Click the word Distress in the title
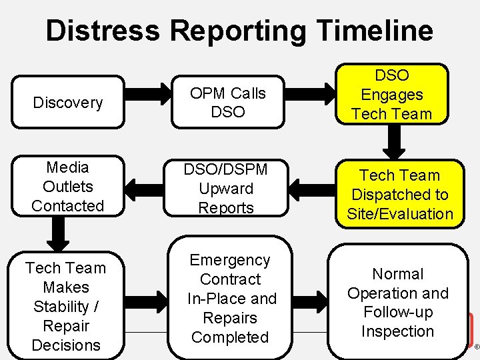[x=103, y=31]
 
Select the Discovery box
[x=68, y=103]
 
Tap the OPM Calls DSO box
[x=228, y=103]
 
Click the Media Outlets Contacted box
[x=68, y=187]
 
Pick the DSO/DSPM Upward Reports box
[x=228, y=189]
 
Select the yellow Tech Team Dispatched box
[x=400, y=194]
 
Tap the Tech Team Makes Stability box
[x=66, y=306]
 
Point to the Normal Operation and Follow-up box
[x=398, y=302]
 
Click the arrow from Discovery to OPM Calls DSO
[x=148, y=103]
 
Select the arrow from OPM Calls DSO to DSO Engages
[x=313, y=103]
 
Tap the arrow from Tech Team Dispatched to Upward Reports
[x=313, y=189]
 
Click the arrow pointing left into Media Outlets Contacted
[x=148, y=189]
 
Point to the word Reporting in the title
[x=235, y=31]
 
